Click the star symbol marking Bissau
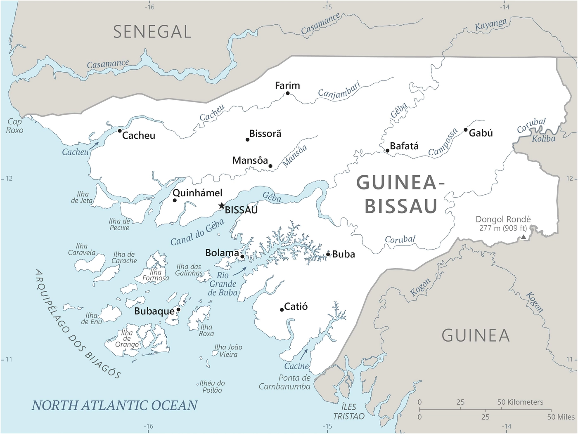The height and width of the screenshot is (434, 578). click(222, 205)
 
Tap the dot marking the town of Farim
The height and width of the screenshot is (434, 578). click(288, 93)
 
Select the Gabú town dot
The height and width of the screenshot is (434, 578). click(466, 130)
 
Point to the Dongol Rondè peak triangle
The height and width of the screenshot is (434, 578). click(524, 237)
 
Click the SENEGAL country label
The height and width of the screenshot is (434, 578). click(152, 32)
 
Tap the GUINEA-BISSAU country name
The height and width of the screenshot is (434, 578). click(400, 194)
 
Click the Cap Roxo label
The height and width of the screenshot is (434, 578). click(14, 126)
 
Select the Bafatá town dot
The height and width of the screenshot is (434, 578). click(387, 151)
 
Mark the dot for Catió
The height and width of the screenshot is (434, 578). click(282, 309)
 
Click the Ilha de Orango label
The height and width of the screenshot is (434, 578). click(127, 338)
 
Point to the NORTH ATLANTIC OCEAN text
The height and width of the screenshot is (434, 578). click(115, 406)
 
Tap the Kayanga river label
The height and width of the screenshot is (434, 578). click(490, 25)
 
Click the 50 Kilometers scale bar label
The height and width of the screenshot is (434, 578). click(520, 402)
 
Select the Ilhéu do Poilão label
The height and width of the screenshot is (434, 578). click(212, 387)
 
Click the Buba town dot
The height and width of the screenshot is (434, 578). click(328, 254)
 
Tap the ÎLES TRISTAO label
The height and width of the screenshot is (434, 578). click(349, 411)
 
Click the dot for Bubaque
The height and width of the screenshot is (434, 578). click(178, 309)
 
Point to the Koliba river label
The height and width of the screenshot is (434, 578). click(543, 139)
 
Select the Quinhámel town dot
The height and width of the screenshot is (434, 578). click(175, 200)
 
